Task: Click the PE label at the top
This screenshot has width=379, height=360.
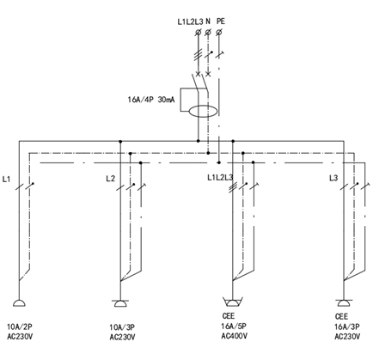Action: [x=221, y=21]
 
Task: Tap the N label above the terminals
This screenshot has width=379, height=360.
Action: [x=208, y=21]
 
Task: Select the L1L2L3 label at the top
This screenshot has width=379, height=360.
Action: [x=190, y=21]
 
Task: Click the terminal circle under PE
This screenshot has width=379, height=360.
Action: [x=219, y=33]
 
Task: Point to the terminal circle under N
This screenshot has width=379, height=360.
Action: [x=208, y=33]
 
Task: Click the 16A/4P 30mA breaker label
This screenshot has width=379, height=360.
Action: [x=151, y=100]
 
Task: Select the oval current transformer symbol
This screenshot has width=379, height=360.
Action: [x=203, y=111]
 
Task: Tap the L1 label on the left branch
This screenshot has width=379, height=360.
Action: [x=6, y=180]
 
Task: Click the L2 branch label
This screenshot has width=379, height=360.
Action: [x=110, y=179]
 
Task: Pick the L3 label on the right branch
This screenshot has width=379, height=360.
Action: [x=333, y=178]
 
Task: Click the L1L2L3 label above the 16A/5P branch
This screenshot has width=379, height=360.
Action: [x=220, y=178]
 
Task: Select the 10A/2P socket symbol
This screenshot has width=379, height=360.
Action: [x=19, y=303]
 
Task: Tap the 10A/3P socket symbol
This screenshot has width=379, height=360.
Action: [x=120, y=303]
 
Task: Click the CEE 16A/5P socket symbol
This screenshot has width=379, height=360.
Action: [x=233, y=302]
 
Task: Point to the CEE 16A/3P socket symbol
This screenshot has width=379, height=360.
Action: [x=344, y=302]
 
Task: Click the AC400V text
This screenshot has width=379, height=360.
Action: [x=234, y=336]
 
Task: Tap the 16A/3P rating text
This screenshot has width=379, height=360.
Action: [x=347, y=326]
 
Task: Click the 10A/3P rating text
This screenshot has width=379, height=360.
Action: [x=122, y=327]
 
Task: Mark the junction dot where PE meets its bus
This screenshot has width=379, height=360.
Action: [x=219, y=162]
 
